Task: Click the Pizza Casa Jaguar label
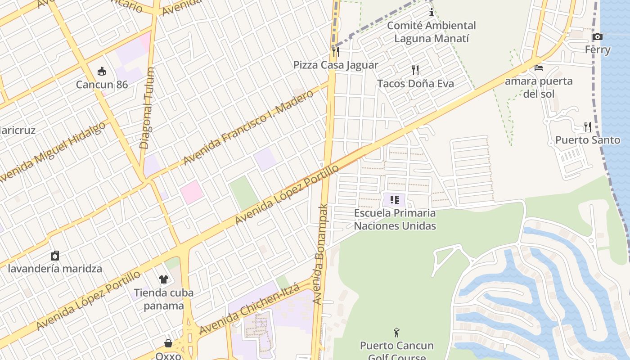point(336,65)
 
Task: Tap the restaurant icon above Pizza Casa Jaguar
point(335,51)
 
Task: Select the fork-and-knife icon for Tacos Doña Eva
point(415,70)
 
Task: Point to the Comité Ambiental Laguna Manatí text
point(431,32)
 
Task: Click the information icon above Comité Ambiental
point(431,12)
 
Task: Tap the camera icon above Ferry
point(597,36)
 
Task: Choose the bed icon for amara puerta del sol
point(539,68)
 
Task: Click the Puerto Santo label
point(587,140)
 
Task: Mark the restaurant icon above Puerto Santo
point(587,126)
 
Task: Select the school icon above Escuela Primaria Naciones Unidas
point(395,199)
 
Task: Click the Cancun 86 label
point(102,85)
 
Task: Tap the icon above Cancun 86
point(102,71)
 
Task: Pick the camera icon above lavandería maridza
point(55,256)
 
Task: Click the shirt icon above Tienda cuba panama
point(163,279)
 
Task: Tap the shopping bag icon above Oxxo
point(168,343)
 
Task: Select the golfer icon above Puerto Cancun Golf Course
point(396,333)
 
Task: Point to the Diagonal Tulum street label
point(147,108)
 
